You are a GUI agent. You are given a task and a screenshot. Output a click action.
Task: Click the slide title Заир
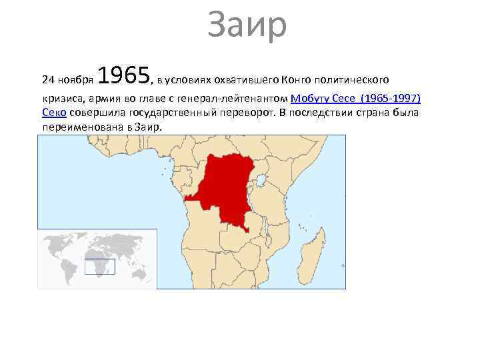(247, 25)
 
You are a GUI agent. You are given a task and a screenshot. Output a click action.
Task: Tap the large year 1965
(126, 77)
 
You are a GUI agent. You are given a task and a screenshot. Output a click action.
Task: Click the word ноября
(75, 81)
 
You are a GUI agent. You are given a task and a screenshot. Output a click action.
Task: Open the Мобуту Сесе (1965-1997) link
(356, 99)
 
